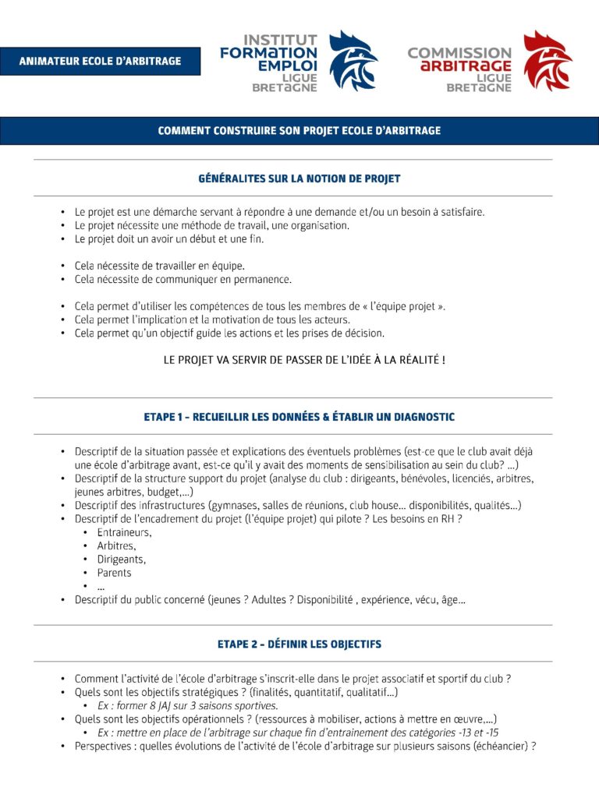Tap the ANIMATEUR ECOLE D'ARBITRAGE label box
(100, 62)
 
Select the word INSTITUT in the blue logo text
(281, 39)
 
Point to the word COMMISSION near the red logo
(459, 53)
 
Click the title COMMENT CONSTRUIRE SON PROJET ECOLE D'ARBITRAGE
(299, 131)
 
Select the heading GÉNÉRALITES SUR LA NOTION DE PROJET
(299, 178)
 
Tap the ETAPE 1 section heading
(299, 417)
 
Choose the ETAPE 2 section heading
(299, 644)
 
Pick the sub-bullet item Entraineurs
(124, 532)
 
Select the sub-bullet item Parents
(115, 573)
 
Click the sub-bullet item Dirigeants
(121, 559)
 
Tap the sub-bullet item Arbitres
(116, 546)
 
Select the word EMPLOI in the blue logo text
(289, 65)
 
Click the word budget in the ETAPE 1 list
(161, 492)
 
